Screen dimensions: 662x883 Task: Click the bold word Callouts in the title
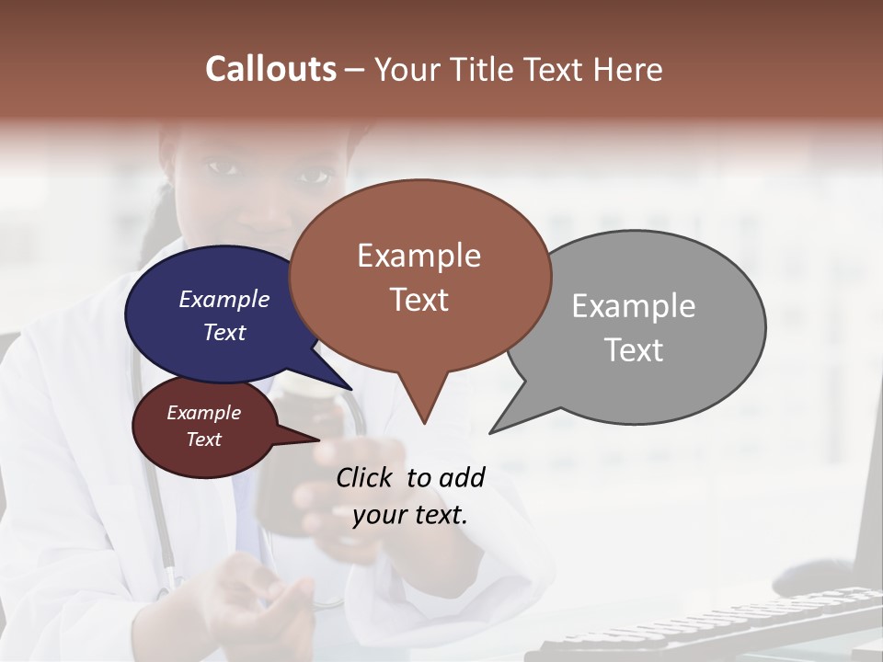pyautogui.click(x=270, y=69)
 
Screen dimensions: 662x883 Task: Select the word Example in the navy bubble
pyautogui.click(x=224, y=299)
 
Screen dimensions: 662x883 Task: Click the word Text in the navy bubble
pyautogui.click(x=224, y=332)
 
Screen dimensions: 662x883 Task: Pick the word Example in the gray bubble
pyautogui.click(x=633, y=305)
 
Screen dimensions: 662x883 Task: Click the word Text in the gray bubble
pyautogui.click(x=633, y=350)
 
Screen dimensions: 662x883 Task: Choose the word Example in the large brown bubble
pyautogui.click(x=419, y=255)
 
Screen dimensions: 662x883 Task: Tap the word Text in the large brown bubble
pyautogui.click(x=419, y=300)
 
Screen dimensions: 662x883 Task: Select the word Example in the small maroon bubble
pyautogui.click(x=203, y=413)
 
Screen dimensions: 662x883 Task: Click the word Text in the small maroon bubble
pyautogui.click(x=203, y=439)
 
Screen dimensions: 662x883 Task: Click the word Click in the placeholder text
pyautogui.click(x=365, y=477)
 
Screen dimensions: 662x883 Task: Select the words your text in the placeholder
pyautogui.click(x=409, y=515)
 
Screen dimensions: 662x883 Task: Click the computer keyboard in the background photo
pyautogui.click(x=717, y=625)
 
